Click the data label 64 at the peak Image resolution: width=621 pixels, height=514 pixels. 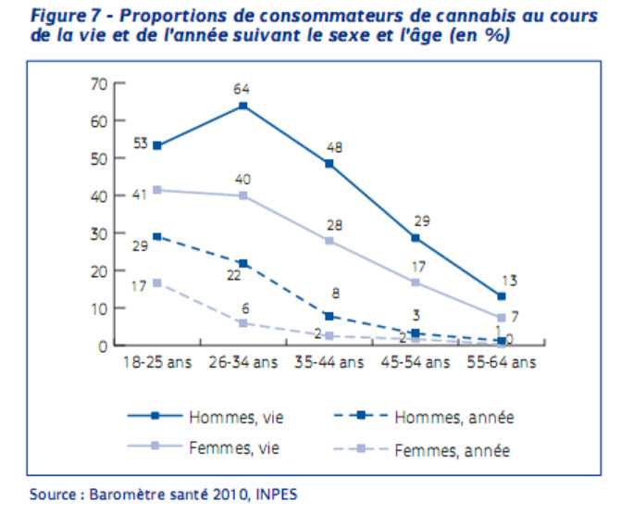242,90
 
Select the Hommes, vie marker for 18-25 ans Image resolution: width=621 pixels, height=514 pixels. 157,145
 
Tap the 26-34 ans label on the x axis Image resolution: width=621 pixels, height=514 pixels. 243,362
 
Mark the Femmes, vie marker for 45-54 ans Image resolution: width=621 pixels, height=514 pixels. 415,282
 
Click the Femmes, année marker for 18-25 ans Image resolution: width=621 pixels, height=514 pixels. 157,282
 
